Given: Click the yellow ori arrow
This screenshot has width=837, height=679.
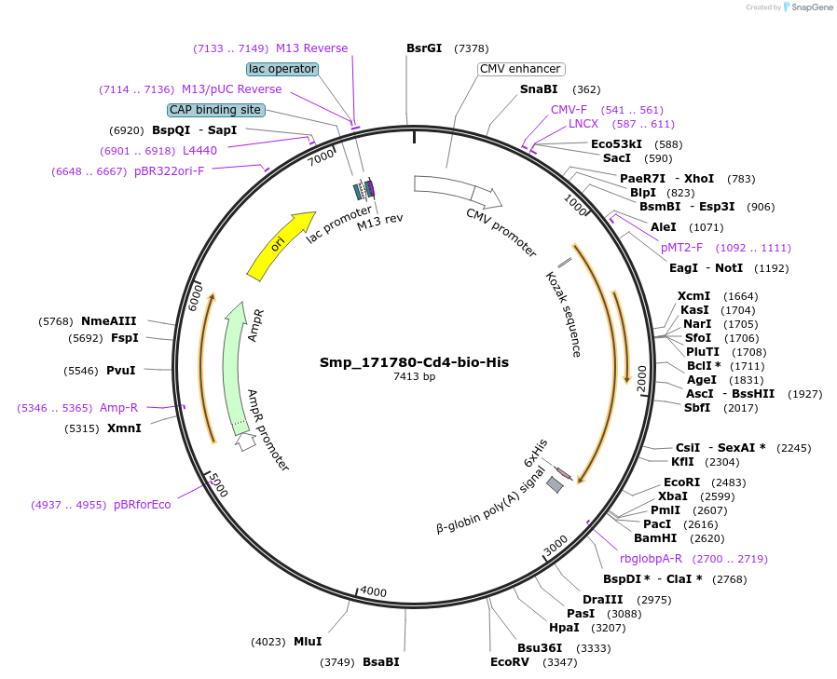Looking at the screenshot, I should [280, 244].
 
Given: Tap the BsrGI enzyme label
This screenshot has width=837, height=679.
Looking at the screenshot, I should [424, 48].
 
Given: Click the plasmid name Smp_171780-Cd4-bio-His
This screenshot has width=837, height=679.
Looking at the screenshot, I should [414, 362].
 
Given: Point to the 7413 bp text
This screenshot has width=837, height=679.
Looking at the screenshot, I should [414, 377].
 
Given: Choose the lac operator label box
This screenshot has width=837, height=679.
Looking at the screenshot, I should [282, 69].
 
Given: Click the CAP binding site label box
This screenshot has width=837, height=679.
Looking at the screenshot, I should [215, 110].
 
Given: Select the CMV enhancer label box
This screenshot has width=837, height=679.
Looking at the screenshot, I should [520, 69].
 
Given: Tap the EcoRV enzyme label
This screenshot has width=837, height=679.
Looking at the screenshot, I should [509, 662].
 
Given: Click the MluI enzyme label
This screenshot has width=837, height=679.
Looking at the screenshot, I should [308, 641].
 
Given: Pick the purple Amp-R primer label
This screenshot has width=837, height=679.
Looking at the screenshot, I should [118, 408].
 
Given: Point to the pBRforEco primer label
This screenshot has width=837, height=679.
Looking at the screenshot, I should [143, 505].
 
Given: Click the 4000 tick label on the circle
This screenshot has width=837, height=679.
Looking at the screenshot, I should [373, 591].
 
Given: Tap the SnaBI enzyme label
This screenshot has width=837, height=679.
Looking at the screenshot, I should [539, 89].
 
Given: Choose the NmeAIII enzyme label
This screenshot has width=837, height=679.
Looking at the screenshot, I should [109, 321].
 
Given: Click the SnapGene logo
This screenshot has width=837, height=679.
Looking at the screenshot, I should [807, 7].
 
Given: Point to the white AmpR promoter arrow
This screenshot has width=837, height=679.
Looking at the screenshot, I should [245, 442].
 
